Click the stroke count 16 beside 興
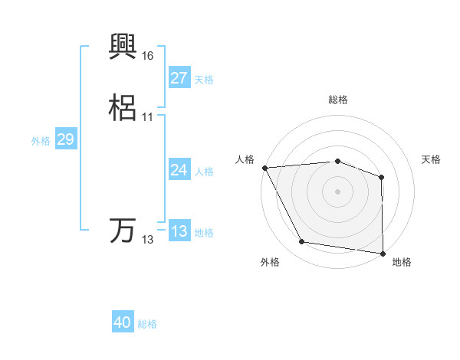coord(147,56)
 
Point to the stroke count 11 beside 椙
coord(147,116)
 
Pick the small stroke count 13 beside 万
coord(147,240)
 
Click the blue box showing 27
coord(179,78)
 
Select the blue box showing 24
coord(179,171)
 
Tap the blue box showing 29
coord(65,139)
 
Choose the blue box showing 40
coord(123,323)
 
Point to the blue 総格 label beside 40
coord(147,324)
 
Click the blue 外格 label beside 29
coord(41,140)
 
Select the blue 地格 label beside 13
coord(204,233)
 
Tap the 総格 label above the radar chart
coord(338,100)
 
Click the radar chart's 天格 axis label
coord(432,159)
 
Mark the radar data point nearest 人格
coord(264,168)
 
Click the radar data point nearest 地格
coord(383,253)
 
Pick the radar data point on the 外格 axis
coord(302,242)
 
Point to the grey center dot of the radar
coord(338,191)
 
